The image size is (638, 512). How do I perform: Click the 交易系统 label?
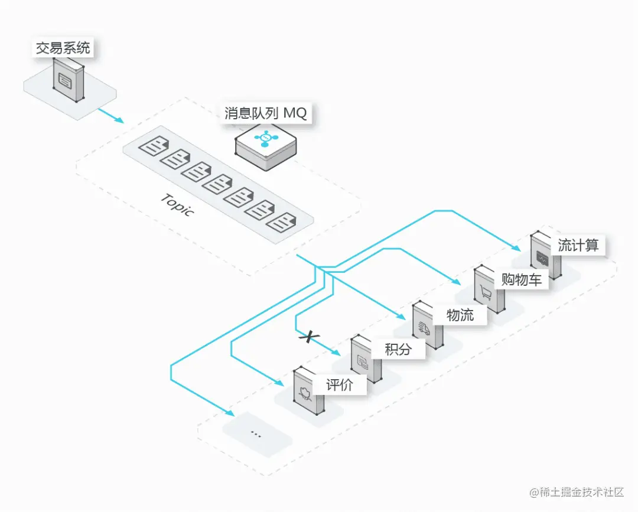(x=63, y=48)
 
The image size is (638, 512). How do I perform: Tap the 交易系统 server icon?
(x=69, y=81)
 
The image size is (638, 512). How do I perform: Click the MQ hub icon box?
(x=266, y=144)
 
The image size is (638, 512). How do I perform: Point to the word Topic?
(x=177, y=204)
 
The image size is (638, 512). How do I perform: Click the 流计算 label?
(x=578, y=245)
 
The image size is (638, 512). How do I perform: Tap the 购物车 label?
(x=521, y=279)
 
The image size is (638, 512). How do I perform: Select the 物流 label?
(x=460, y=314)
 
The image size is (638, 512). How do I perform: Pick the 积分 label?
(x=398, y=349)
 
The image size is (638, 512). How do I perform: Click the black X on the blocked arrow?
(x=309, y=337)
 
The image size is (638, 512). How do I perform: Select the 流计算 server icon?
(x=546, y=255)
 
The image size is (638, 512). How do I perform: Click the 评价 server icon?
(x=309, y=392)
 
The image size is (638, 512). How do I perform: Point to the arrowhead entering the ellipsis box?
(x=229, y=412)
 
